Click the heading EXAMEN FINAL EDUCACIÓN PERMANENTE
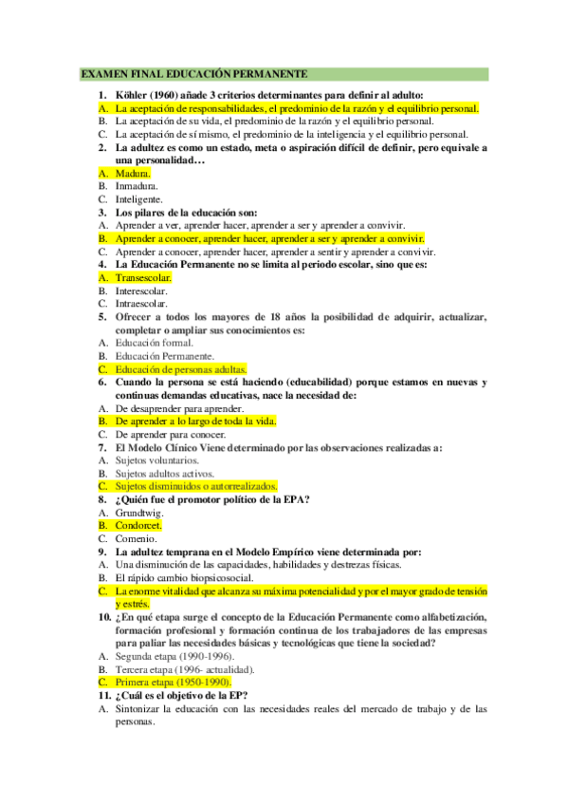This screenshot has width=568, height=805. (193, 73)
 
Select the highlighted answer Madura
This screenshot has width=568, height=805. (133, 174)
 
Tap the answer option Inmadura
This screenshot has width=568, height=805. (137, 187)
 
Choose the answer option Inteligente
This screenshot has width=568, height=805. (139, 200)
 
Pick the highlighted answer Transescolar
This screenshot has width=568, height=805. (143, 278)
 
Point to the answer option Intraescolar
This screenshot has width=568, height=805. (141, 305)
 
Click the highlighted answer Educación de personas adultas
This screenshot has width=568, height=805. (181, 368)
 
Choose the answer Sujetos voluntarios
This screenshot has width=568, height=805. (156, 459)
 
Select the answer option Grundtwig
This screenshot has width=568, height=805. (138, 512)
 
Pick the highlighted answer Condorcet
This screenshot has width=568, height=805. (138, 524)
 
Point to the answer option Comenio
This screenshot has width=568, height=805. (137, 537)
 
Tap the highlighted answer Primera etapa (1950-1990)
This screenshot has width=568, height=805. (173, 682)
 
